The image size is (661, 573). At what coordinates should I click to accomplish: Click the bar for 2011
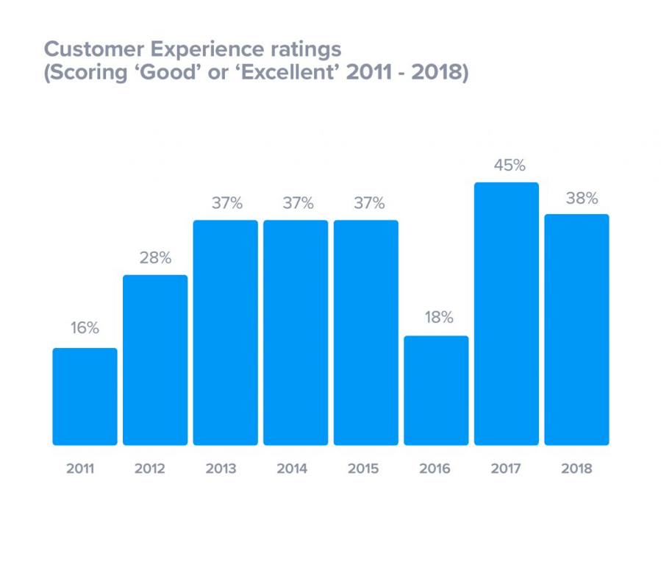pos(85,396)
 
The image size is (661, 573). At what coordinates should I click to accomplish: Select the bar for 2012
pos(155,360)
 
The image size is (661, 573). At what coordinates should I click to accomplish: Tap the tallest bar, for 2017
pos(507,313)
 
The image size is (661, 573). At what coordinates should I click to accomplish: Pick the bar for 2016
pos(436,391)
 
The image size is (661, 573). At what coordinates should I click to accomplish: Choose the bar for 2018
pos(576,330)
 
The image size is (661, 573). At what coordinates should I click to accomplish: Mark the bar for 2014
pos(296,332)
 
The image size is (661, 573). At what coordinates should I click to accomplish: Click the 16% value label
pos(85,329)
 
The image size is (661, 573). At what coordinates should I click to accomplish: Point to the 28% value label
pos(155,257)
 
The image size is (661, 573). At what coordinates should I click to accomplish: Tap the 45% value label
pos(509,166)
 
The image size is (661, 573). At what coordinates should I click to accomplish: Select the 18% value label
pos(437,318)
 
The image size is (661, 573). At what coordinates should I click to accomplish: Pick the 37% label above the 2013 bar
pos(226,204)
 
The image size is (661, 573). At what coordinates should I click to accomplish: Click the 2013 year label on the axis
pos(221,469)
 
